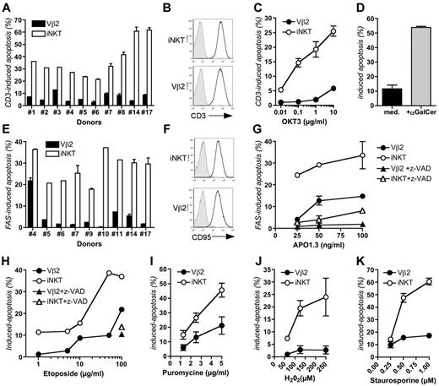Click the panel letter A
click(x=6, y=7)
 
